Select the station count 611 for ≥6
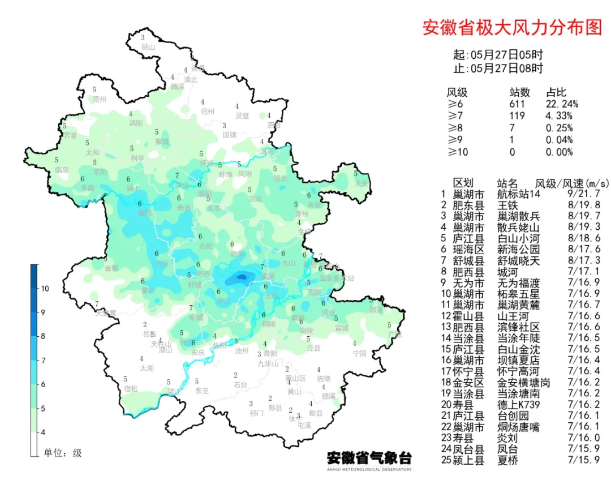pos(517,104)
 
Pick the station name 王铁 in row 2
pos(506,205)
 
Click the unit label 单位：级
pos(63,453)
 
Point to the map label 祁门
pos(256,413)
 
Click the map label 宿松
pos(131,389)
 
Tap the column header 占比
pos(556,93)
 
